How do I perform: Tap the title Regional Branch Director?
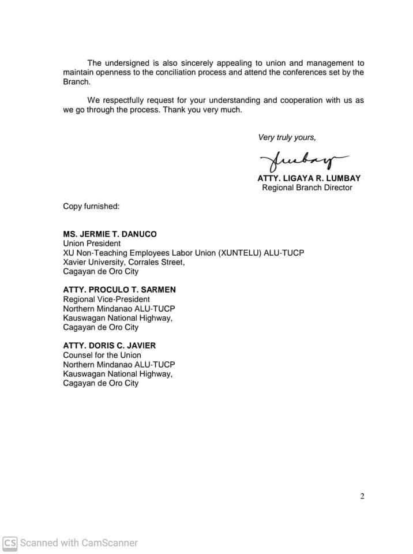[x=307, y=188]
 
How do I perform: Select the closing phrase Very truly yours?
[x=287, y=137]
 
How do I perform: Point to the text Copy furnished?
[x=91, y=206]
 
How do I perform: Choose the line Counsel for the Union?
[x=102, y=355]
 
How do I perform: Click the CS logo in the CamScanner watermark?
[x=10, y=542]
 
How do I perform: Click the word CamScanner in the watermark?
[x=110, y=542]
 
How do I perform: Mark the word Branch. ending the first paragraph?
[x=77, y=82]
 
